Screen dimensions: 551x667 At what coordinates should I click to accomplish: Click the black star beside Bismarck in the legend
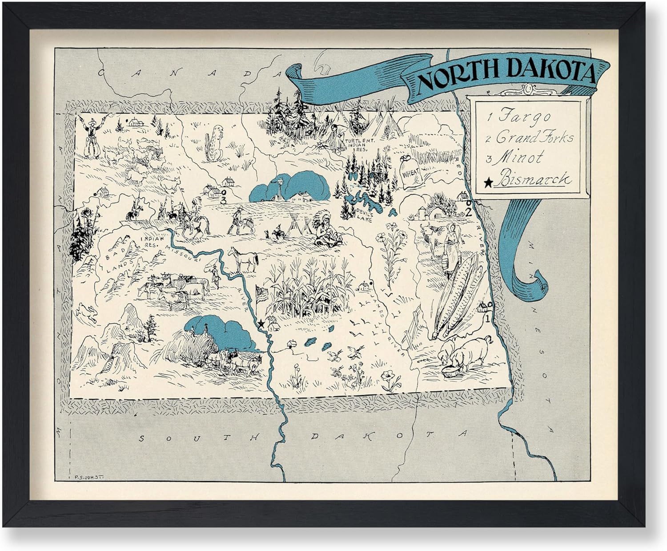[488, 182]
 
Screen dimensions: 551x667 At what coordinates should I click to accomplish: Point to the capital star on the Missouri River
[261, 324]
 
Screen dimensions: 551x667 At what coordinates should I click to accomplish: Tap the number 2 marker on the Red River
[468, 212]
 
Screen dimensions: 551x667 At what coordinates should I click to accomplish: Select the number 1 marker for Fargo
[487, 318]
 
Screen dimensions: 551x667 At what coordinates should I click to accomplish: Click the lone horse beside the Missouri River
[243, 259]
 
